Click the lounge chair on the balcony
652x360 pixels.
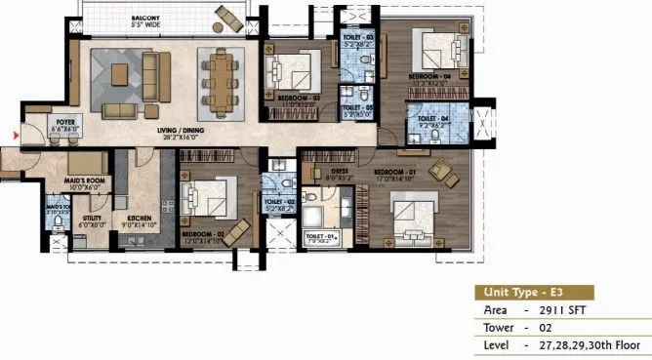coord(229,17)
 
